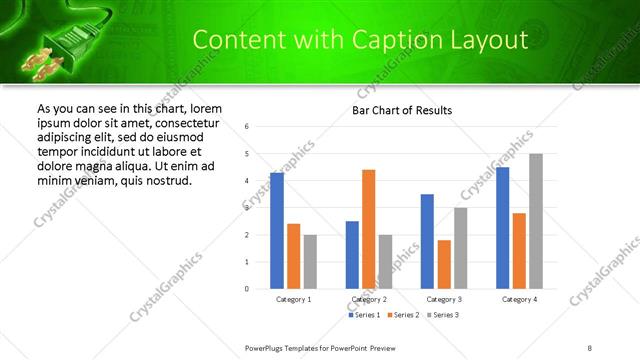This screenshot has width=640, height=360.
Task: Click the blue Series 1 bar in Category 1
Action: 277,231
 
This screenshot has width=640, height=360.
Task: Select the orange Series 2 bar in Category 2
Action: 368,229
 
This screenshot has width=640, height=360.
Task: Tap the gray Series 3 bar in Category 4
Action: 536,221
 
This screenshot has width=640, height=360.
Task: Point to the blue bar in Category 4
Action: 502,228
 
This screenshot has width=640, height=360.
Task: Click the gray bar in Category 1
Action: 310,262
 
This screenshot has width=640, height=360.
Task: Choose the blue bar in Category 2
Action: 352,255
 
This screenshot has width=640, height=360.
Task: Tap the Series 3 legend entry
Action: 441,316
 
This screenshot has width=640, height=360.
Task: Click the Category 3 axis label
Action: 444,299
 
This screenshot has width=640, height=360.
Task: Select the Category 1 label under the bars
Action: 293,299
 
